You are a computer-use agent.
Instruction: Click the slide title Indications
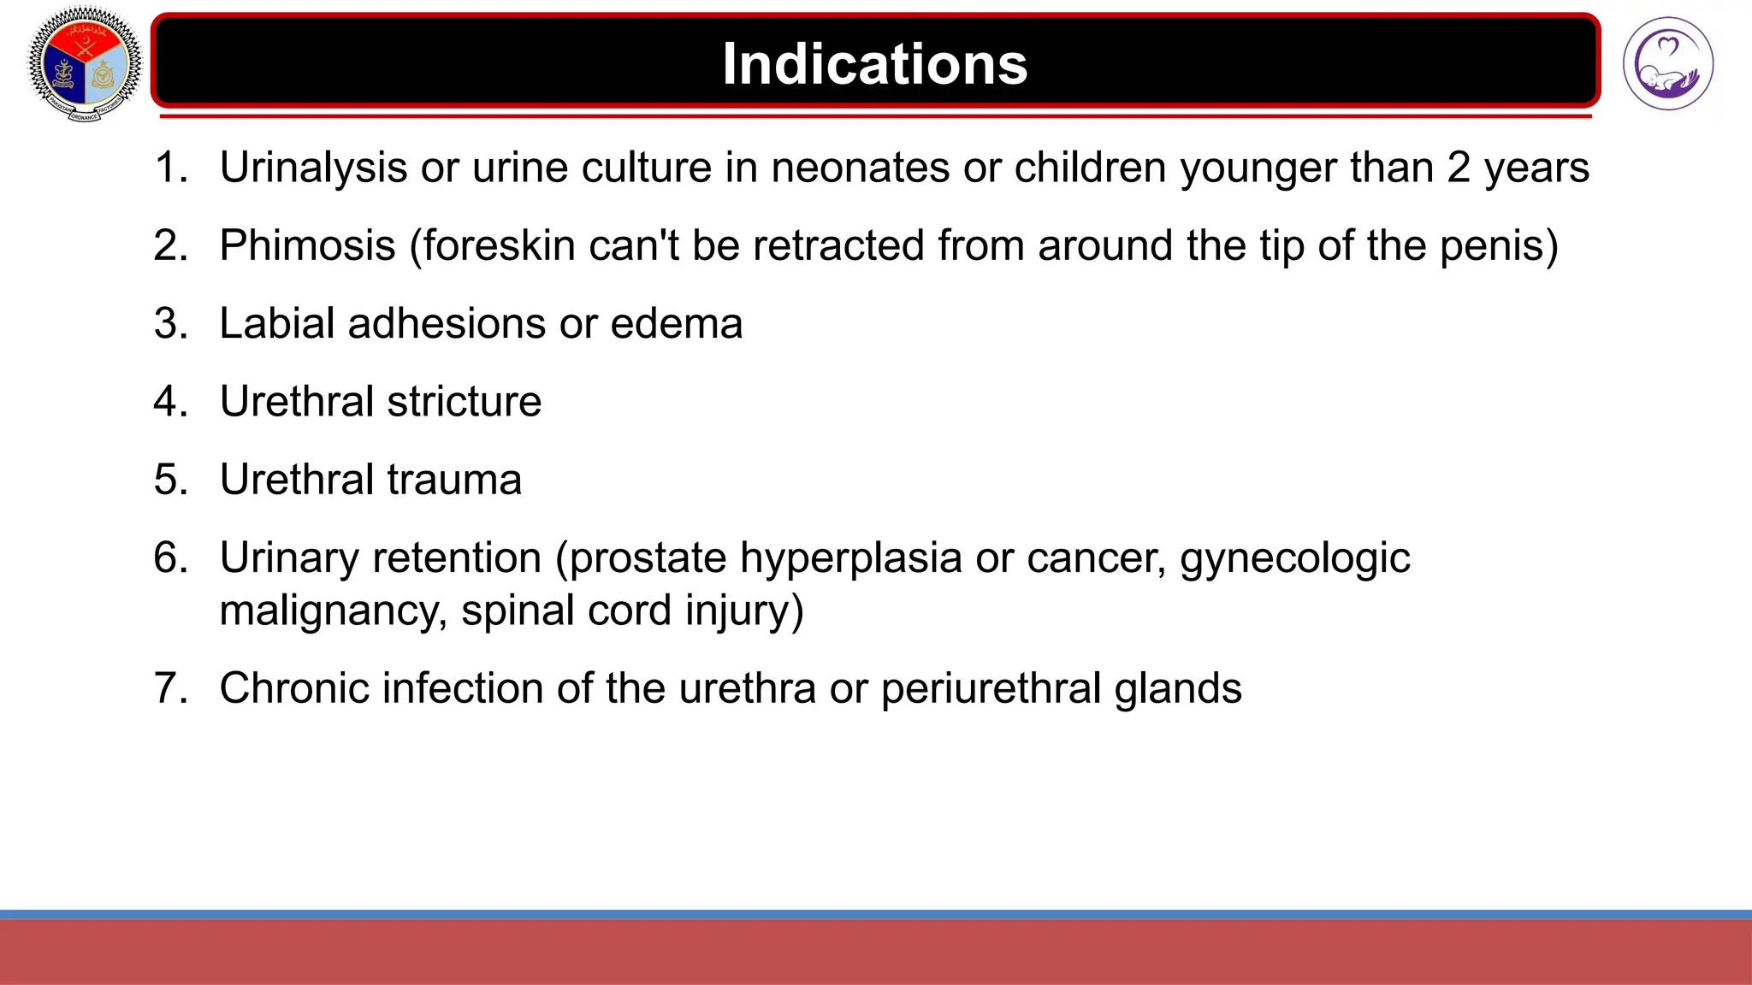[874, 64]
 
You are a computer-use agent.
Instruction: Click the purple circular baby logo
[1667, 64]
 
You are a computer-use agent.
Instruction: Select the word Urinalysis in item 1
[313, 168]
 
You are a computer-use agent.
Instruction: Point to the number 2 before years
[1459, 168]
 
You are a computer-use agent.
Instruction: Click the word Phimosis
[307, 246]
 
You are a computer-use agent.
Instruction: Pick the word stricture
[464, 402]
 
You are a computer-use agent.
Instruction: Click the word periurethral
[991, 689]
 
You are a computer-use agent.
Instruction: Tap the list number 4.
[169, 402]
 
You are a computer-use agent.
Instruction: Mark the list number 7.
[169, 688]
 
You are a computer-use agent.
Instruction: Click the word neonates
[860, 168]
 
